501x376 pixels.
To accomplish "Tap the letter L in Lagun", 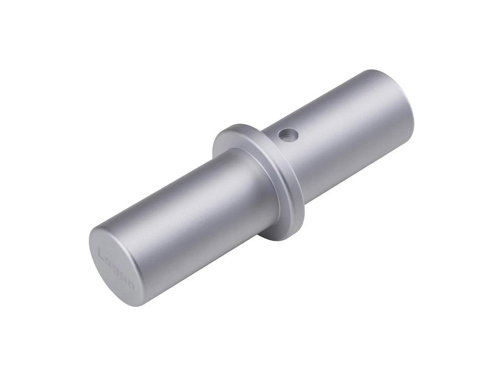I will pos(103,252).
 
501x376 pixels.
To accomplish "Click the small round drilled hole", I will pos(288,134).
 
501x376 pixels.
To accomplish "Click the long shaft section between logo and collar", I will pos(191,214).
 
